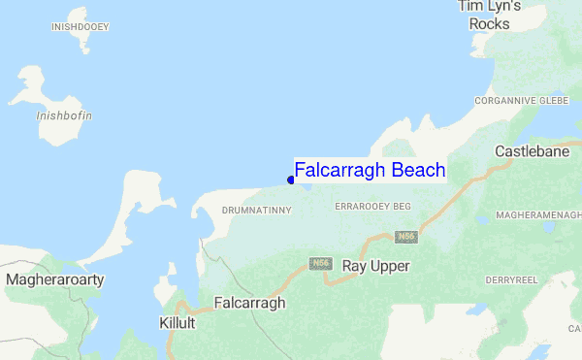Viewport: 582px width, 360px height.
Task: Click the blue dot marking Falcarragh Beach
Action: (291, 180)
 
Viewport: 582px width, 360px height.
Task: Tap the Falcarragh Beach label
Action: (370, 171)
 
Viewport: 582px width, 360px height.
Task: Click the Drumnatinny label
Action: (250, 210)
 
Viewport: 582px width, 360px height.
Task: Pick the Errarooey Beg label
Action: (373, 208)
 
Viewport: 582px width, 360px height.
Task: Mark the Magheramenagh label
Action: (537, 214)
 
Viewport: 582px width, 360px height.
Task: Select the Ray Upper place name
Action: (376, 266)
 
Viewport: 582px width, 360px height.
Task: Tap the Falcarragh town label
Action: (249, 303)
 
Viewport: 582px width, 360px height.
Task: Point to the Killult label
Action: (178, 322)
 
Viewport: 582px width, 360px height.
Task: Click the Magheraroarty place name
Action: (55, 279)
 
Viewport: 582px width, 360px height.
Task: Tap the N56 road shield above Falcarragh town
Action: (321, 264)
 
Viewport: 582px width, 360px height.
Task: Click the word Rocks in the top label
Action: (490, 23)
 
